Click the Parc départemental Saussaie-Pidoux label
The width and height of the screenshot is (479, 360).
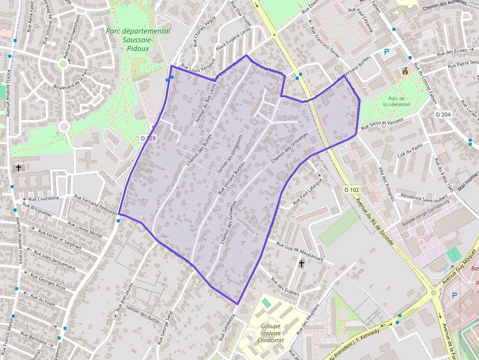point(138,40)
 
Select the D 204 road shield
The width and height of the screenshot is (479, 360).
point(443,114)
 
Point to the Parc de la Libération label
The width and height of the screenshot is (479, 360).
point(396,101)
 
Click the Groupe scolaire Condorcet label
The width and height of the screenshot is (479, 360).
point(270,333)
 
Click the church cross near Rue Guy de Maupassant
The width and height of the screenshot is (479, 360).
point(301,264)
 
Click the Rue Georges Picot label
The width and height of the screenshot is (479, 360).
point(48,282)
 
